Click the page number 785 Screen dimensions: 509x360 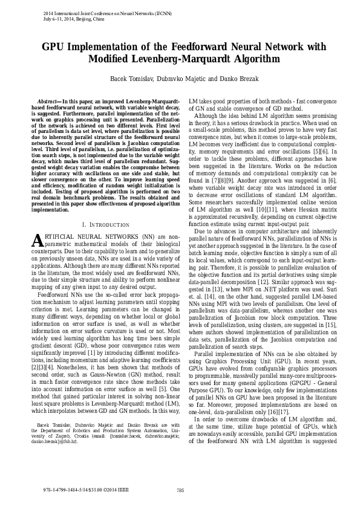pos(180,490)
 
